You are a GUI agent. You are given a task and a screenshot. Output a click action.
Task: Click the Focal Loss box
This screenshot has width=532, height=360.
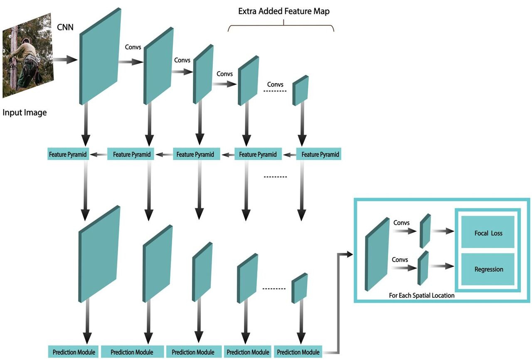pos(488,233)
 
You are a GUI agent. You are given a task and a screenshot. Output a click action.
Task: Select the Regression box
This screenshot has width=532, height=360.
pos(488,269)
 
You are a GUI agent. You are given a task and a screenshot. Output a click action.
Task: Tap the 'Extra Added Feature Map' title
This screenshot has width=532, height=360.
pos(283,11)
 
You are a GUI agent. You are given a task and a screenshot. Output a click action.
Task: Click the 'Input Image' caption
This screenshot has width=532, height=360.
pos(25,113)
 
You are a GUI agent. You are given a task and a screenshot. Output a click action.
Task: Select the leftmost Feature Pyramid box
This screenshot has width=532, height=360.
pos(68,155)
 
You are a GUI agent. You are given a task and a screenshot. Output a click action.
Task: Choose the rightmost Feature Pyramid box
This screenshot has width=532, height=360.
pos(320,155)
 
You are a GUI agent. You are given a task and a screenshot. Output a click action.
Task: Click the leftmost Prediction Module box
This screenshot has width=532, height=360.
pos(74,352)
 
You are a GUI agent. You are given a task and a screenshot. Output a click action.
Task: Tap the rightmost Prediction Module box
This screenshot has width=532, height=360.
pos(298,352)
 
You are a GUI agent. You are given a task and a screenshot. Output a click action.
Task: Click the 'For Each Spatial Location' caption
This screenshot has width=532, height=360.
pos(421,296)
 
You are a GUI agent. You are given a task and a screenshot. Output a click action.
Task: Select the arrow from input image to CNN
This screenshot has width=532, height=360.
pos(66,60)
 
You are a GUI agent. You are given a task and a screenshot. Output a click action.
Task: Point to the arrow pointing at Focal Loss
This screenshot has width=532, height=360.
pos(443,231)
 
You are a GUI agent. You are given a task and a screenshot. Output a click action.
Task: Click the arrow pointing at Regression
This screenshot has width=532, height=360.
pos(443,266)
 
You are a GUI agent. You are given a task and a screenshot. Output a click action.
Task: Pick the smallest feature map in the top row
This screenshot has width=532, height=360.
pos(300,90)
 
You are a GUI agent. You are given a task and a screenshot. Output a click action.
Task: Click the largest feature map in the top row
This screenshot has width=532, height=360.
pos(100,56)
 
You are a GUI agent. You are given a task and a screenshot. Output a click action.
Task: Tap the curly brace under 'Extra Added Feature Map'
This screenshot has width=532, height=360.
pos(281,27)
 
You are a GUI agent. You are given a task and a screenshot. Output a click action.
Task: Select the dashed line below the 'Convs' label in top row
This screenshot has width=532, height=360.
pos(275,91)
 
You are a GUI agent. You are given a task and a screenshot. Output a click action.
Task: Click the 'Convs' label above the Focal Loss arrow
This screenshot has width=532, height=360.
pos(401,223)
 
